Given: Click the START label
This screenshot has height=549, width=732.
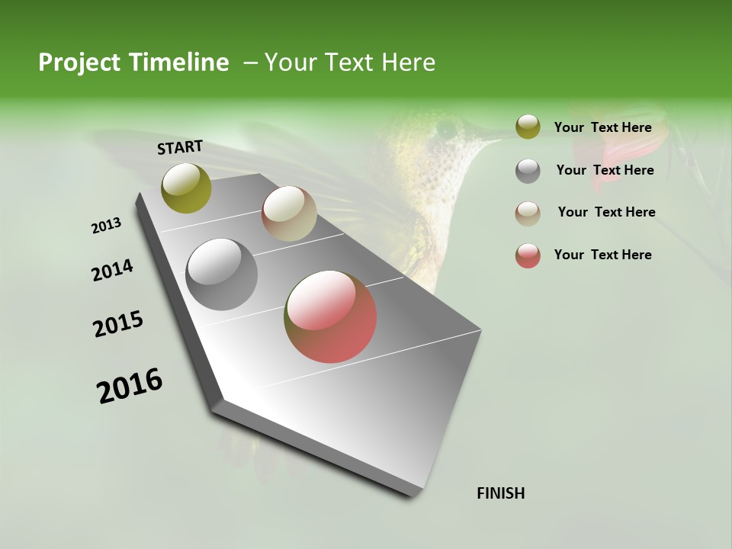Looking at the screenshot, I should pyautogui.click(x=180, y=147).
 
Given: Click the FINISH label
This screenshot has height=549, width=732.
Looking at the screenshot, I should pyautogui.click(x=501, y=493).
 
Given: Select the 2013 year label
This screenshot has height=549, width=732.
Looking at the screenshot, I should pyautogui.click(x=107, y=225).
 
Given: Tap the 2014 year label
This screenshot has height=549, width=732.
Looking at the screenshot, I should pyautogui.click(x=113, y=270).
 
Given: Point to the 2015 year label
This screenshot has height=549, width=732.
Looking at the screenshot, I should pyautogui.click(x=118, y=323).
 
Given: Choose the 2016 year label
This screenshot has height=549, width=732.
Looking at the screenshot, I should pyautogui.click(x=130, y=385).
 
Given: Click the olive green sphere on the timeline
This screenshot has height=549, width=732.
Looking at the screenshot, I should pyautogui.click(x=186, y=188).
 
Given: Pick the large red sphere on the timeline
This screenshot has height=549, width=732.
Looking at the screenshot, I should pyautogui.click(x=330, y=316).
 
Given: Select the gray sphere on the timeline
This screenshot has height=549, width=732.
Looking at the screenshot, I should pyautogui.click(x=222, y=274).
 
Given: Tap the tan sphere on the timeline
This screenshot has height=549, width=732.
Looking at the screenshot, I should pyautogui.click(x=289, y=213).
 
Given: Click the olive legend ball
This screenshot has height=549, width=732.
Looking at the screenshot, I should pyautogui.click(x=528, y=127).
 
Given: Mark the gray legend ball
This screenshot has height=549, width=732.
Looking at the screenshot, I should pyautogui.click(x=528, y=171).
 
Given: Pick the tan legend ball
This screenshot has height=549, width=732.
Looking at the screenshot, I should pyautogui.click(x=528, y=213).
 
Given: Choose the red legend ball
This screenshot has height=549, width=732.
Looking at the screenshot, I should pyautogui.click(x=528, y=255).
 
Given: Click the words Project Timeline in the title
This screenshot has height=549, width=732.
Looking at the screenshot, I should pyautogui.click(x=133, y=63).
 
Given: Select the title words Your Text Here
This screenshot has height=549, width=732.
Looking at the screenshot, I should pyautogui.click(x=350, y=63).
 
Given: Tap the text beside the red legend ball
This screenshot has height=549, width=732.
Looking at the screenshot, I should pyautogui.click(x=603, y=255).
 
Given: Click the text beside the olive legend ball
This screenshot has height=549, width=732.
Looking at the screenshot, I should pyautogui.click(x=603, y=127).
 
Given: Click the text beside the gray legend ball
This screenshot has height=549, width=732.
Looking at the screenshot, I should pyautogui.click(x=605, y=170).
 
